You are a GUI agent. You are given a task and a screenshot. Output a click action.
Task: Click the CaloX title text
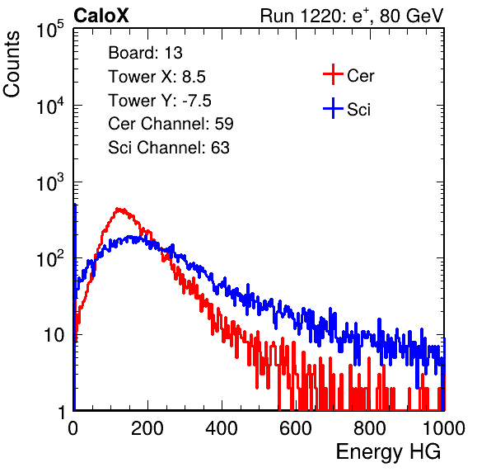pos(101,16)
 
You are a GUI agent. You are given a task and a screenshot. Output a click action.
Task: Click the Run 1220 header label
pos(352,16)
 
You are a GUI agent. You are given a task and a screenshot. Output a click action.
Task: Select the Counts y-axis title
pos(12,64)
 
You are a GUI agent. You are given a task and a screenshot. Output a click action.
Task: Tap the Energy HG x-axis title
pos(388,452)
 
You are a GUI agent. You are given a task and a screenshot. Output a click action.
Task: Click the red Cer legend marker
pos(333,74)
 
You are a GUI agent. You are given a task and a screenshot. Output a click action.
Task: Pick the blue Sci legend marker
pos(333,108)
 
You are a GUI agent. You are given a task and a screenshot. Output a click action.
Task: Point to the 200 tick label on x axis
pos(147,428)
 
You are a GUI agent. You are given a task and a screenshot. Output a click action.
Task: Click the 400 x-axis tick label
pos(222,428)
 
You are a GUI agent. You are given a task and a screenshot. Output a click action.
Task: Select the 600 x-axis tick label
pos(296,428)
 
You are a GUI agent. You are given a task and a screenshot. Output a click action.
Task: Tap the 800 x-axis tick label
pos(370,428)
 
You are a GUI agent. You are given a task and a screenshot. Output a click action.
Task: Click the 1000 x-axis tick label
pos(444,428)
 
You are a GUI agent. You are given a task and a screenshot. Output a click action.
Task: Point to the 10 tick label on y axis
pos(54,336)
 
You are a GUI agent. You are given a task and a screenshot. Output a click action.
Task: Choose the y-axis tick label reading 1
pos(61,413)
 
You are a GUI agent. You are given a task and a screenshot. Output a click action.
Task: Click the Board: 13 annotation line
pos(145,53)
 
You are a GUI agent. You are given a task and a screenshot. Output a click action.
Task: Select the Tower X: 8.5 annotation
pos(157,77)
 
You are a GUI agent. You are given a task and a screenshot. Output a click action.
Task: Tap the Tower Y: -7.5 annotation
pos(160,101)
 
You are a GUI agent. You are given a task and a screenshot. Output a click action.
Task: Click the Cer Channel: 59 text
pos(171,124)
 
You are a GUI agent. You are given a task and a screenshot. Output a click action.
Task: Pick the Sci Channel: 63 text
pos(169,148)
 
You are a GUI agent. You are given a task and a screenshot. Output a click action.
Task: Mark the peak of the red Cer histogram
pos(118,209)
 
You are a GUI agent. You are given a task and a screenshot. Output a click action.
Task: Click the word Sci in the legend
pos(358,110)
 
